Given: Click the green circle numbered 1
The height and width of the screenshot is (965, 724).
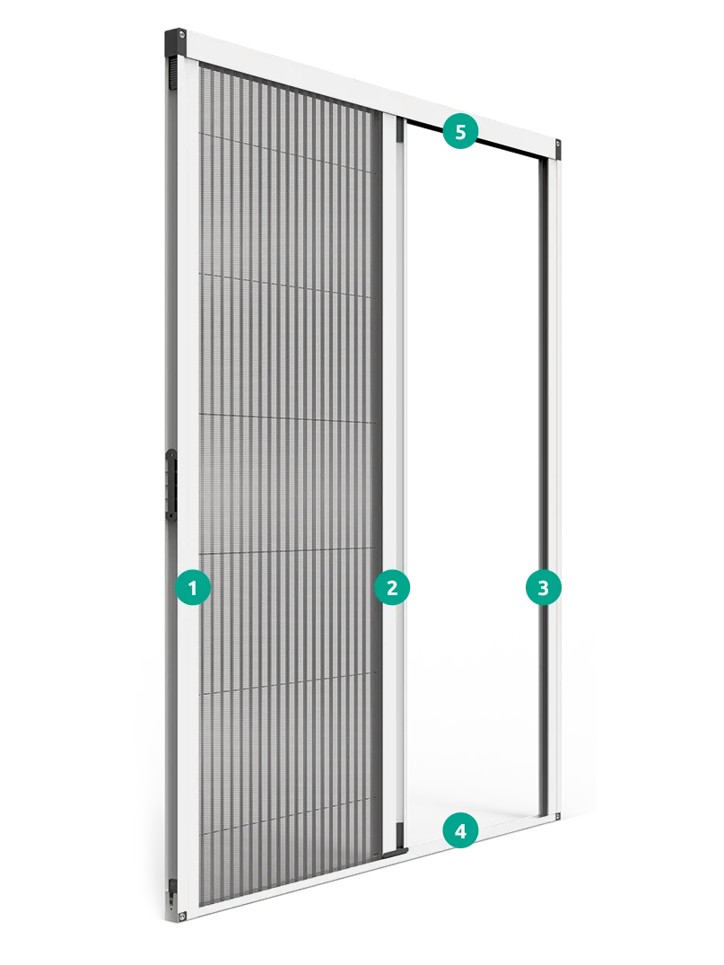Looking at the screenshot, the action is click(192, 588).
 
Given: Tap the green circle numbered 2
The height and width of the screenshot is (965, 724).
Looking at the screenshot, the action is click(392, 588).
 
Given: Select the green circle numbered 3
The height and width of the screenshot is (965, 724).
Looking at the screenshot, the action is click(543, 588).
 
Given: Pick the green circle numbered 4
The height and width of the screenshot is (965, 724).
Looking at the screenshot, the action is click(460, 831).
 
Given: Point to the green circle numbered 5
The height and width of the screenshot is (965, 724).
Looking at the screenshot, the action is click(460, 131).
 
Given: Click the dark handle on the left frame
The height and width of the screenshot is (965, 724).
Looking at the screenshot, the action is click(170, 480).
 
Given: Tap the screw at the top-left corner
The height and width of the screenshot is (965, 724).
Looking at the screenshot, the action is click(182, 36).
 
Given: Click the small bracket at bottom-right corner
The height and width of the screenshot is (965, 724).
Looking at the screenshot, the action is click(557, 816).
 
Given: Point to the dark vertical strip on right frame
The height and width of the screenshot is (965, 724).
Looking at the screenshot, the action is click(543, 487).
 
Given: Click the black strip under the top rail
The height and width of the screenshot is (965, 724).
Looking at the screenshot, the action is click(477, 138).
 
